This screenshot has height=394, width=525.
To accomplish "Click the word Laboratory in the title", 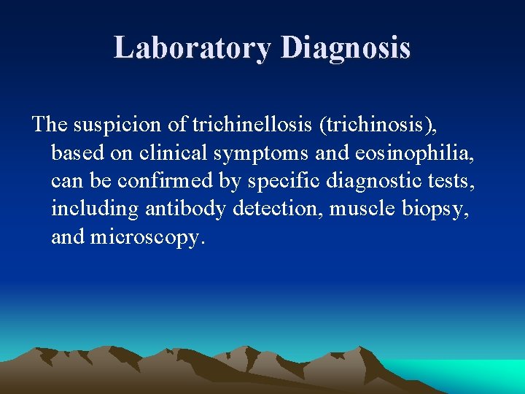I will (x=193, y=48).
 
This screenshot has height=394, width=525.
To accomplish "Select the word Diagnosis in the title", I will (x=345, y=48).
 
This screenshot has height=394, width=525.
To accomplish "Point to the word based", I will (x=74, y=152).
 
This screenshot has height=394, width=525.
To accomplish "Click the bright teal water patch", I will (x=474, y=376).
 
